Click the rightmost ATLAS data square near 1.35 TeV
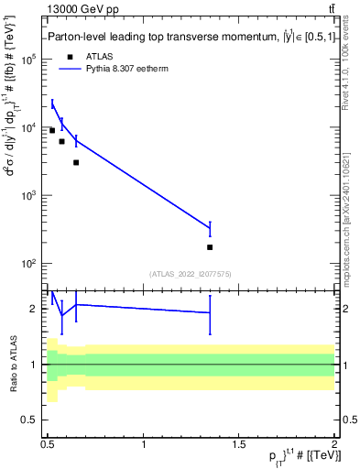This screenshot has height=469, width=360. tap(210, 247)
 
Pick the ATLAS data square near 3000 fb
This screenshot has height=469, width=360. tap(76, 162)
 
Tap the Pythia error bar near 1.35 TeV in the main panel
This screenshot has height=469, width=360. tap(210, 228)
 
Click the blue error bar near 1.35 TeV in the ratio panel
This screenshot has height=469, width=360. tap(210, 313)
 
